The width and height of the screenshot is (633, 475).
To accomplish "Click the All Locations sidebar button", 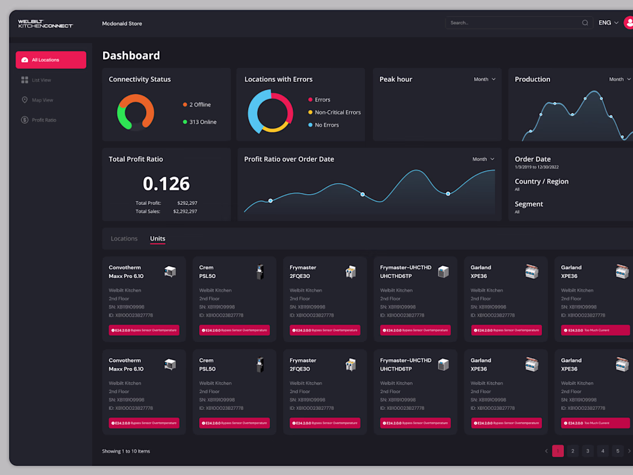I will tap(51, 60).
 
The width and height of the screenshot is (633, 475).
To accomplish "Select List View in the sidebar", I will tap(41, 80).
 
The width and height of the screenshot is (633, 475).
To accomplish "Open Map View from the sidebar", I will tap(42, 100).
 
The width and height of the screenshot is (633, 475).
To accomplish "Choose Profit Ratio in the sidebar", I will tap(44, 120).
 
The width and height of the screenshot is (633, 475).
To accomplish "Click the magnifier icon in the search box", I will tap(585, 23).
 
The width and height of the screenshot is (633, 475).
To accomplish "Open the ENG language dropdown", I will tap(608, 23).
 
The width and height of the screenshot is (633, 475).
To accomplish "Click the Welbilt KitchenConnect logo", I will tap(45, 24).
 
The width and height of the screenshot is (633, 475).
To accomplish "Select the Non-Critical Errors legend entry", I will tap(337, 112).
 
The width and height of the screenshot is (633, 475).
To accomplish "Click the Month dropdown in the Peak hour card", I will tap(485, 79).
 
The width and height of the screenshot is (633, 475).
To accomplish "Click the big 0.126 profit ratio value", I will tap(166, 184).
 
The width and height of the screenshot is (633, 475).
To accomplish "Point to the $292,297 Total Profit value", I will tap(187, 203).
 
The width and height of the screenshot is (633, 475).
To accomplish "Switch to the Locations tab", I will tap(124, 238).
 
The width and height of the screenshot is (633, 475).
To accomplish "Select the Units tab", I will tap(158, 238).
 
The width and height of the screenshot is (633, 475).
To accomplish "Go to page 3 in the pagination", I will tap(588, 451).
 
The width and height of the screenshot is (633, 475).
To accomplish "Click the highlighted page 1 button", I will tap(558, 451).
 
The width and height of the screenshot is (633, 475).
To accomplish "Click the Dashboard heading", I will tap(131, 56).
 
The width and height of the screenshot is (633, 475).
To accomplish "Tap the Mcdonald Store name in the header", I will tap(122, 24).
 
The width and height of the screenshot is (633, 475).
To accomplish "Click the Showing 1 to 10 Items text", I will tap(126, 451).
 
